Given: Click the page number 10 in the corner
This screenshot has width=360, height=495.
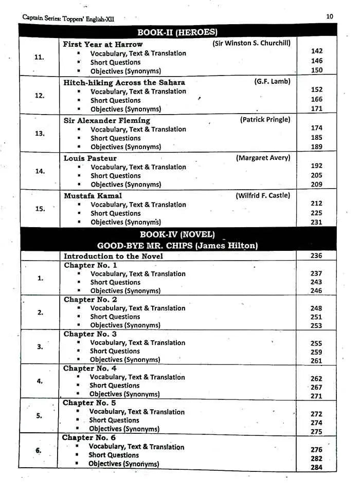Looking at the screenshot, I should click(x=329, y=16).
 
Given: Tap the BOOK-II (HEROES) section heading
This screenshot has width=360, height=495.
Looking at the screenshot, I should click(x=178, y=32).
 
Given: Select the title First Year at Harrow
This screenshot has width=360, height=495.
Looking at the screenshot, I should click(x=103, y=44).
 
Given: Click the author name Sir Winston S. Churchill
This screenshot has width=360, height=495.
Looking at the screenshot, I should click(x=251, y=43).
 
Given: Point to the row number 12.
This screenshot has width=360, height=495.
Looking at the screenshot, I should click(x=40, y=96).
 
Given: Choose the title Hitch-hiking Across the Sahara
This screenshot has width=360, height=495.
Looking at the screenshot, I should click(x=124, y=82).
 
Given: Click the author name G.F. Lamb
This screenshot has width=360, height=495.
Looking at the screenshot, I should click(x=272, y=81).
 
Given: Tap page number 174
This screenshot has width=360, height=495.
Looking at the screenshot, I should click(x=317, y=128).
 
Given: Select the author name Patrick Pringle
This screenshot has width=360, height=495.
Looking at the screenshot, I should click(x=265, y=119).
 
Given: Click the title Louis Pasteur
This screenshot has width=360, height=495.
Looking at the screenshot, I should click(x=90, y=158).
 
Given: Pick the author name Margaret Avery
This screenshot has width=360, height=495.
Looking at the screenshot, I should click(x=263, y=157).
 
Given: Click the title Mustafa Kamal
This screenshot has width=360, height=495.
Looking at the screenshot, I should click(x=93, y=196).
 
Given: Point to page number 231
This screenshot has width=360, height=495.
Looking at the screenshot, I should click(x=316, y=222).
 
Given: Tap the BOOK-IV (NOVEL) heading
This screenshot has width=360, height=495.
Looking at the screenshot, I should click(x=177, y=235).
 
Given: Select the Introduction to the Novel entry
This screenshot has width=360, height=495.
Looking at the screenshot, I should click(x=113, y=256).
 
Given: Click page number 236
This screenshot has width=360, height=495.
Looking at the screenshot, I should click(x=316, y=256).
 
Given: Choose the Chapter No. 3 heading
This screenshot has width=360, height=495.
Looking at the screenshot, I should click(x=90, y=334).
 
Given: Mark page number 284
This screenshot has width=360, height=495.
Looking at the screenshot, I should click(x=316, y=467).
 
